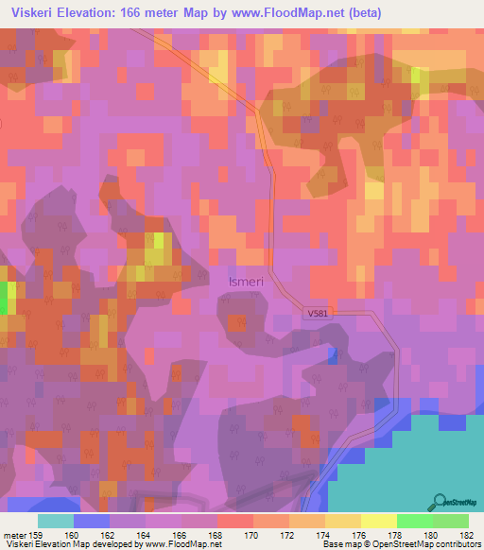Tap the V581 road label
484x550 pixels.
(x=320, y=311)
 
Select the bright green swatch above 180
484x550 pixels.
(x=414, y=521)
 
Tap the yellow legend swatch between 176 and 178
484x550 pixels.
(x=378, y=521)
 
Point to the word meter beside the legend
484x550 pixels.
(x=12, y=535)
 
